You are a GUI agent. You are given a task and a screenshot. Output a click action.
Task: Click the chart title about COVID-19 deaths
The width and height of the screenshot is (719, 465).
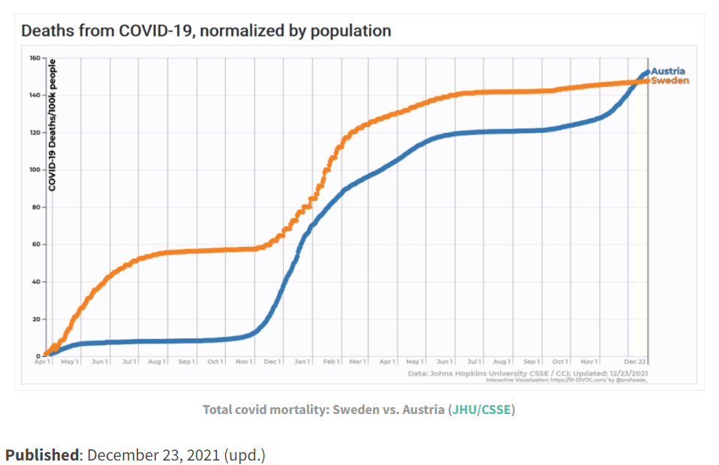pos(206,31)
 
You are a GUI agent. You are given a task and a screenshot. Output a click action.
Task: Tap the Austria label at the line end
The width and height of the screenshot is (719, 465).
pos(667,71)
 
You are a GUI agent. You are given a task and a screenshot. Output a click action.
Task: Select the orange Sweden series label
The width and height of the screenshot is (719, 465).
pos(669,80)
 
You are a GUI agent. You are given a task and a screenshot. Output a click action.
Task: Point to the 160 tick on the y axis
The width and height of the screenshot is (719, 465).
pos(35,58)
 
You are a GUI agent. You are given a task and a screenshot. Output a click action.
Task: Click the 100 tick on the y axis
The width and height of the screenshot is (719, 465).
pos(35,169)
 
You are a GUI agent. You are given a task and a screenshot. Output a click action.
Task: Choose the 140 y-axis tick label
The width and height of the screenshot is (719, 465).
pos(35,95)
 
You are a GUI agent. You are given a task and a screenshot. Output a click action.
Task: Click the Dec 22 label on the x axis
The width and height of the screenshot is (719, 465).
pos(634,361)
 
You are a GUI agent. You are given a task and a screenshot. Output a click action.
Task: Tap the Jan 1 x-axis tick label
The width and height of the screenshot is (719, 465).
pos(302,361)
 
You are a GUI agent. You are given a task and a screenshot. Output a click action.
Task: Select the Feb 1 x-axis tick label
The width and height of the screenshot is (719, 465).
pos(331,361)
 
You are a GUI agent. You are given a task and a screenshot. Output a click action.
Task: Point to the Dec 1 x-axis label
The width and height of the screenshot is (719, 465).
pos(272,361)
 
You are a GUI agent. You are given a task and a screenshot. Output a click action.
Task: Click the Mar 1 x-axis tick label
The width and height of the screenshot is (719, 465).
pos(357,361)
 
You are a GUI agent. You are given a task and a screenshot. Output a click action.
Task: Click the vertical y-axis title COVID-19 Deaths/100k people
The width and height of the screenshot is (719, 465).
pos(53,125)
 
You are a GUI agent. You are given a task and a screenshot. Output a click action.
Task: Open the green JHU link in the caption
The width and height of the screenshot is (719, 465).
pos(465,409)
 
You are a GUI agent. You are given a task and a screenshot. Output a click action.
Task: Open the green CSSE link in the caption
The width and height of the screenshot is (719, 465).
pos(495,409)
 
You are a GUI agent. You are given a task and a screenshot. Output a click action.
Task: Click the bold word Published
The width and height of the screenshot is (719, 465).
pos(41,454)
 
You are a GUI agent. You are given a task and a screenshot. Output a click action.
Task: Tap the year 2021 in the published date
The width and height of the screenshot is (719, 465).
pos(203,454)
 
